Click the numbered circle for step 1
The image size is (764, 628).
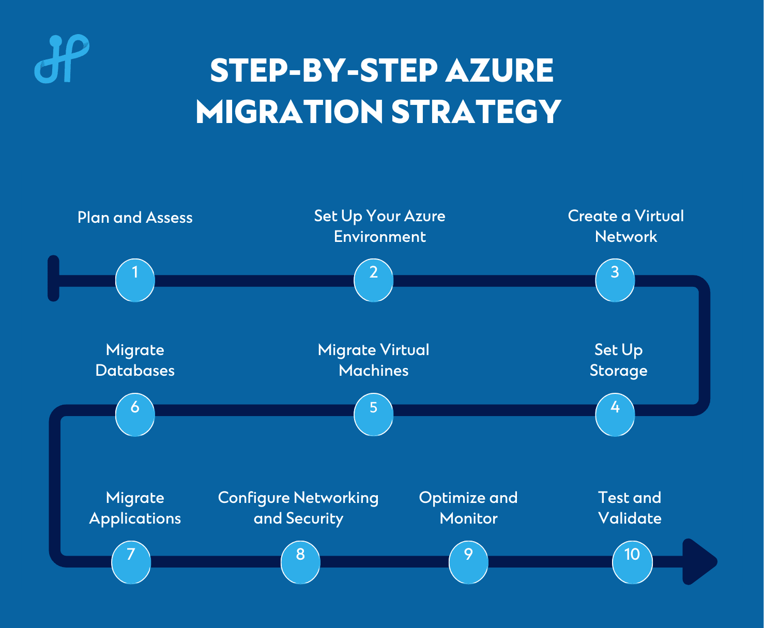(x=135, y=280)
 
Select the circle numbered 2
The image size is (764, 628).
(x=373, y=280)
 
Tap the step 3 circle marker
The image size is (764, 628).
(x=615, y=280)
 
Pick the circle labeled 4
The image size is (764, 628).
(x=615, y=415)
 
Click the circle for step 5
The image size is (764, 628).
(x=373, y=415)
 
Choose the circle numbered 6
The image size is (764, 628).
(x=135, y=415)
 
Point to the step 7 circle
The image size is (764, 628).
(x=131, y=562)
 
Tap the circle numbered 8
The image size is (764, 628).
(x=300, y=562)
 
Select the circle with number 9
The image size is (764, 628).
(x=468, y=562)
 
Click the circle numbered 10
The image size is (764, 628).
(x=632, y=562)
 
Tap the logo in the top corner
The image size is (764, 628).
(x=62, y=59)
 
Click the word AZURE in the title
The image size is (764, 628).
(x=499, y=71)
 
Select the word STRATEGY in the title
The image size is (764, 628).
(x=476, y=112)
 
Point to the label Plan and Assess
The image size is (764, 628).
(x=135, y=218)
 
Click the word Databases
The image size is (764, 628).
(x=135, y=371)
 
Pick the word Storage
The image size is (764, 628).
(x=618, y=371)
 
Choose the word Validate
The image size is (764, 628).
(x=630, y=518)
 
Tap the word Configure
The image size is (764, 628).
(x=254, y=498)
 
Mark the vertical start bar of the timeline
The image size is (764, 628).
(x=53, y=278)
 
